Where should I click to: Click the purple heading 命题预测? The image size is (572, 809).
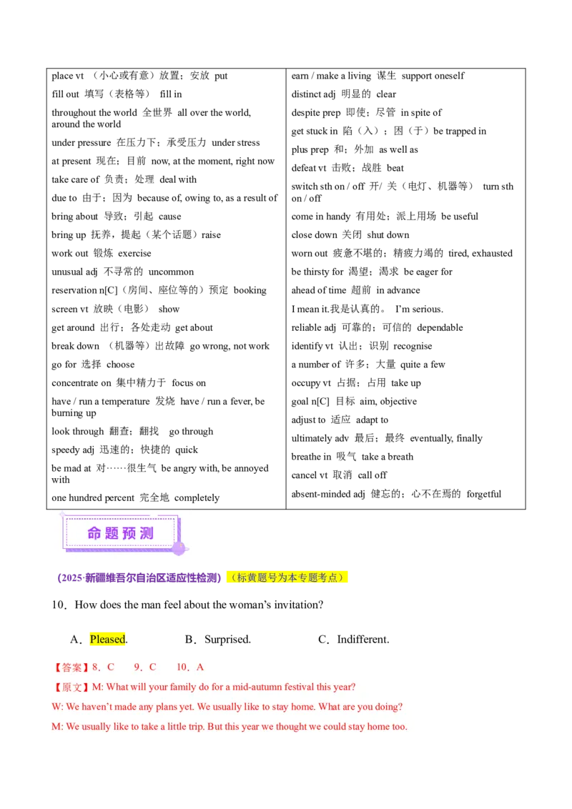click(x=120, y=533)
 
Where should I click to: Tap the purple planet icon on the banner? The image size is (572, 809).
click(x=179, y=548)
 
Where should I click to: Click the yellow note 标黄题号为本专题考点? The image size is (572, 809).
click(x=286, y=577)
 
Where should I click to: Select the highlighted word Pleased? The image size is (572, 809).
click(x=107, y=639)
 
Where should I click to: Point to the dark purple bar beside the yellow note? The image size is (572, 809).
click(x=139, y=577)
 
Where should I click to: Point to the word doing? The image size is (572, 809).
click(x=387, y=708)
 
